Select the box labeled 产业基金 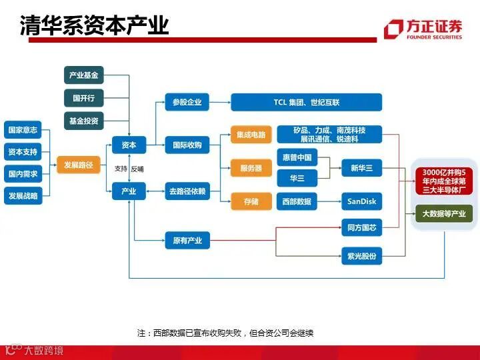[x=84, y=75]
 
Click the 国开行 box [x=84, y=98]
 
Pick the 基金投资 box [x=84, y=121]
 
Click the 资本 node [x=128, y=145]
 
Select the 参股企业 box [x=187, y=102]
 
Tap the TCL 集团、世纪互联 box [x=306, y=102]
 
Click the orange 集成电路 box [x=251, y=134]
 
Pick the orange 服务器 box [x=251, y=168]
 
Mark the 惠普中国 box [x=297, y=157]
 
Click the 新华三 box [x=362, y=168]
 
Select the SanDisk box [x=362, y=201]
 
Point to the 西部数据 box [x=297, y=201]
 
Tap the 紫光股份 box [x=362, y=255]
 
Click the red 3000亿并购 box [x=443, y=181]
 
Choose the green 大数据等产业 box [x=443, y=213]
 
